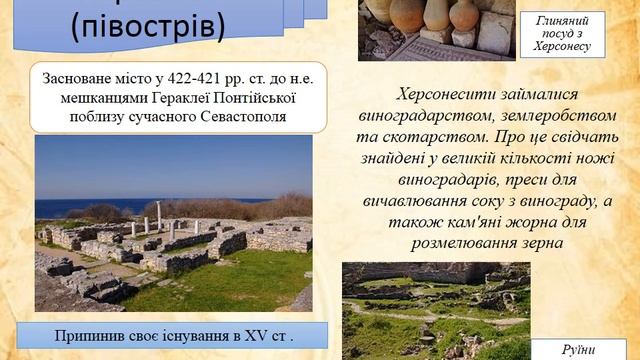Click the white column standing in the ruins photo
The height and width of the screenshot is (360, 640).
[x=158, y=215]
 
